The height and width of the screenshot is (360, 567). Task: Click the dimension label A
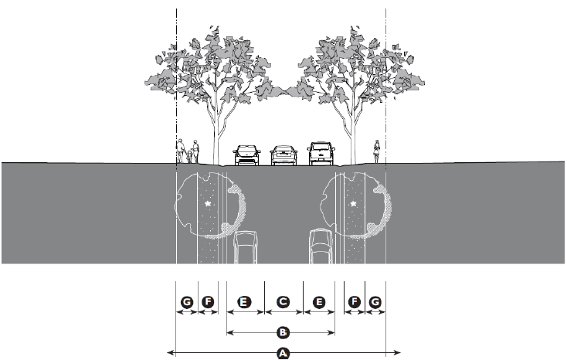point(283,354)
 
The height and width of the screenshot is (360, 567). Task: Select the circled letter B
point(283,333)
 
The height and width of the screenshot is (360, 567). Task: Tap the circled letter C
point(283,302)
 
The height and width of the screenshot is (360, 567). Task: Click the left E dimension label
point(244,302)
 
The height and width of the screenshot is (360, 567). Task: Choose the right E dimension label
point(320,302)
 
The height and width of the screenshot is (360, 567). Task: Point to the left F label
point(207,302)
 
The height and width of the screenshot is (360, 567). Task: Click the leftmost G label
point(186,302)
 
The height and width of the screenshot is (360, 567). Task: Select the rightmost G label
point(375,302)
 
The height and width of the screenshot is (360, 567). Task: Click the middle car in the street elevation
point(283,156)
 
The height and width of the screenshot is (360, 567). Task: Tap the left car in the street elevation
point(246,155)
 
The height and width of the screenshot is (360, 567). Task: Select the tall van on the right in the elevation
point(321,153)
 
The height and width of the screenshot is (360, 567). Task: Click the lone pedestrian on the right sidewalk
point(377,151)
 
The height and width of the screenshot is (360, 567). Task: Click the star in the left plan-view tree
point(209,204)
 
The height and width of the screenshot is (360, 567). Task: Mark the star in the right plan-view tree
point(354,204)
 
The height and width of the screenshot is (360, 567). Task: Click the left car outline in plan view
point(246,247)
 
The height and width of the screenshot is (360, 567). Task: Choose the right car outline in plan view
point(320,247)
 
